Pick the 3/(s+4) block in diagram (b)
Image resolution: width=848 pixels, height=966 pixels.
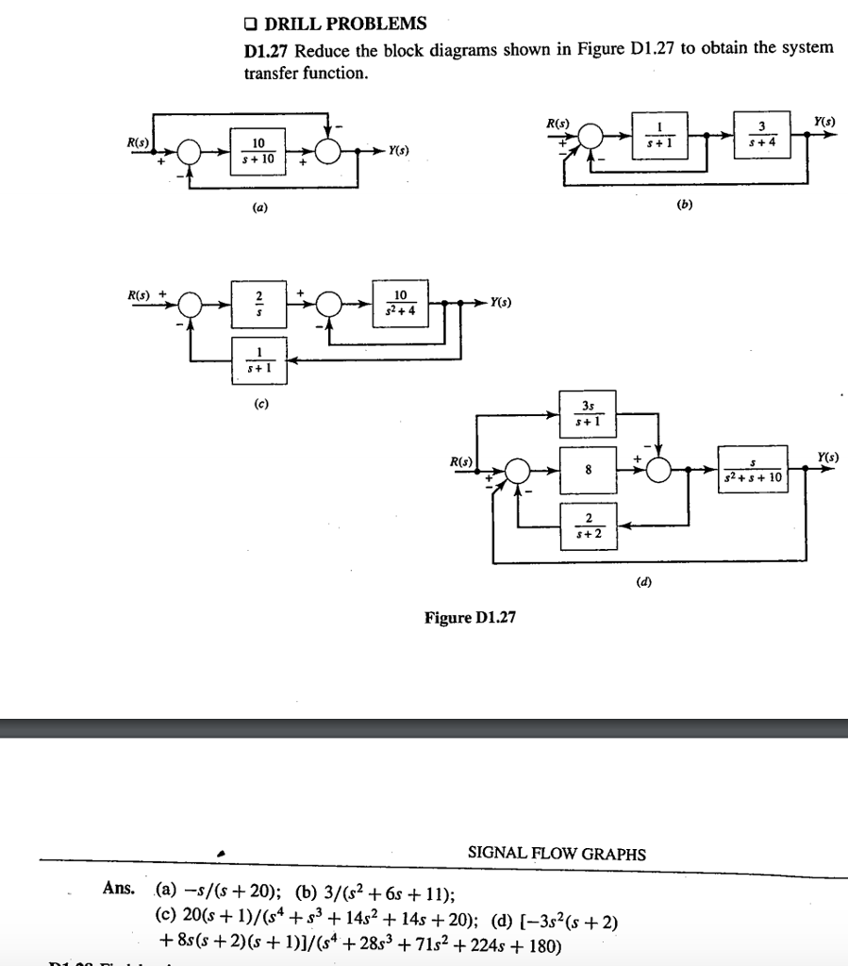(762, 136)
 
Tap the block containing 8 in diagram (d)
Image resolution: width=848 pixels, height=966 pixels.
(588, 470)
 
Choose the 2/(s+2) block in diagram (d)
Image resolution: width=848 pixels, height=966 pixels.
(588, 525)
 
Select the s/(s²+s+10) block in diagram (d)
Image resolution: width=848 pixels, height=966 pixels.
(749, 470)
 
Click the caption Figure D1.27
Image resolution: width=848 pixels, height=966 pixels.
(470, 618)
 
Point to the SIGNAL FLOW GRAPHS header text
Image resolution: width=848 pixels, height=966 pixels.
(557, 854)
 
